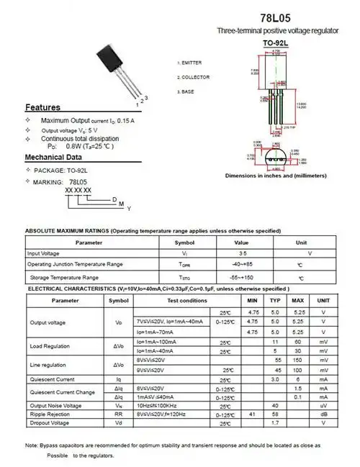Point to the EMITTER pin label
point(191,63)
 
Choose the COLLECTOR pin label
point(194,77)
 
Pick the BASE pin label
point(189,92)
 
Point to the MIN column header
point(253,301)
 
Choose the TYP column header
point(275,301)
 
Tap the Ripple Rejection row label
point(49,414)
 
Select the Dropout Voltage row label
point(48,422)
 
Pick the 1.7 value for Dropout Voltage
point(275,422)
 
